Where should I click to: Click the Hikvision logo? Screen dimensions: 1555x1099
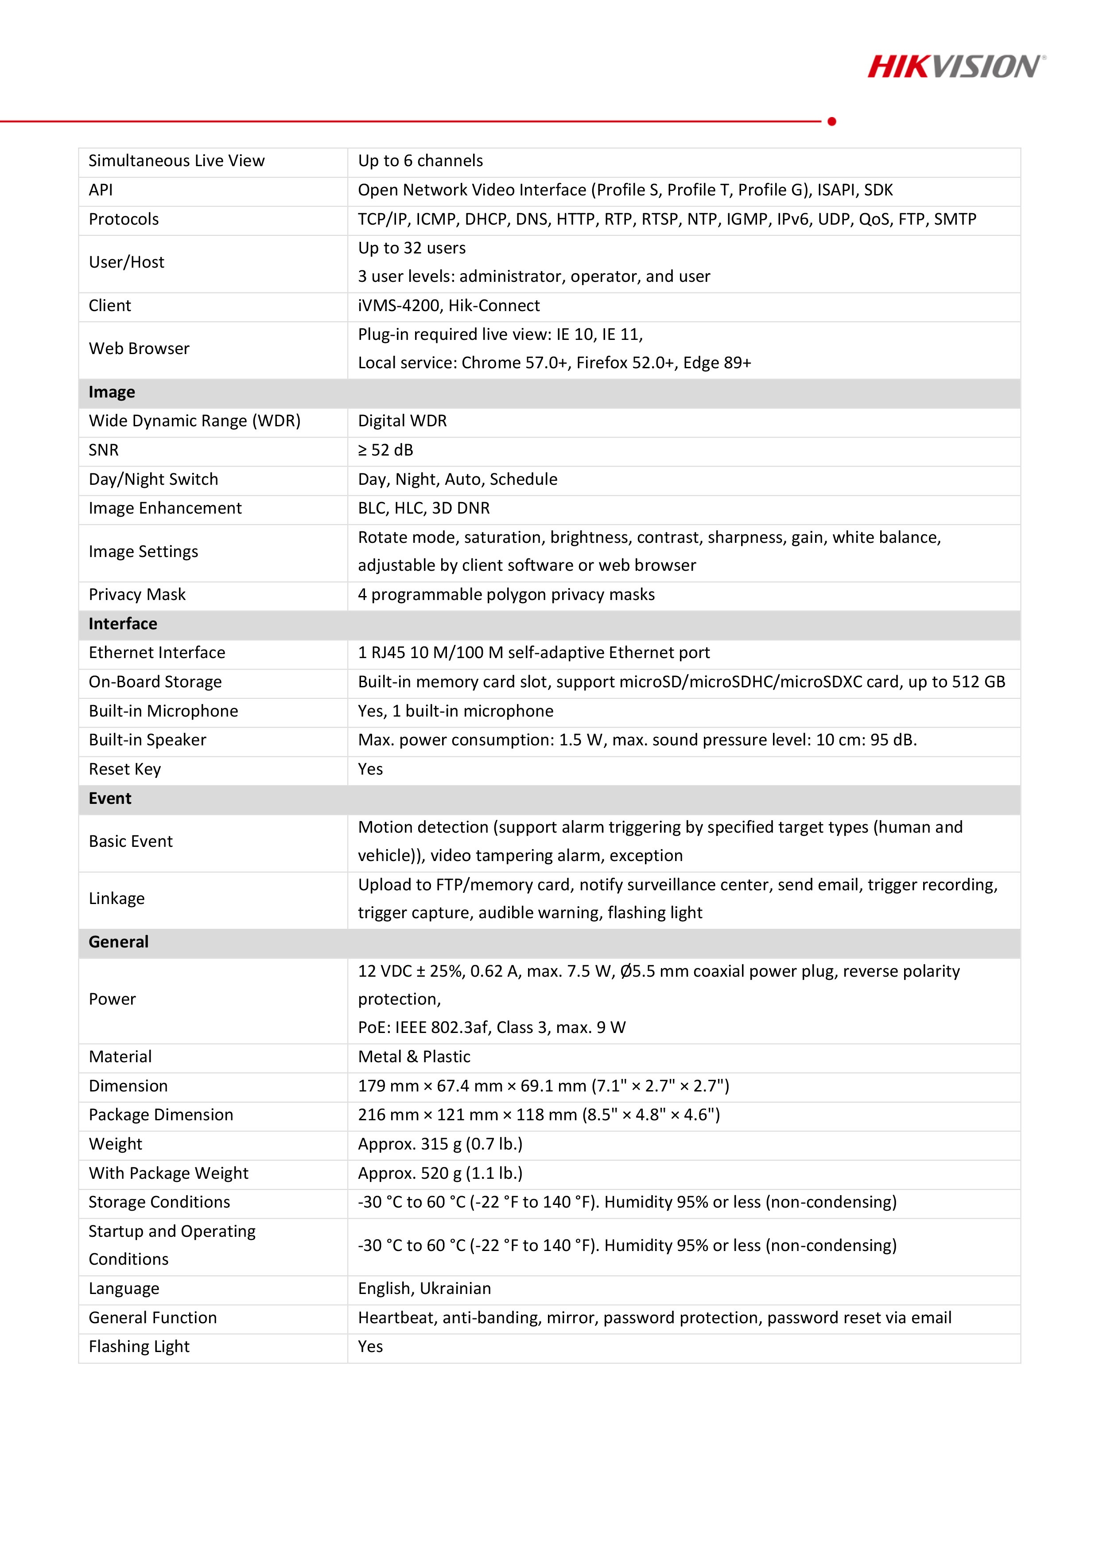coord(955,67)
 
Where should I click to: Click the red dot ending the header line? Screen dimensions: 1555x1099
coord(831,121)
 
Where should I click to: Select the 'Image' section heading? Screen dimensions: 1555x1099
coord(112,392)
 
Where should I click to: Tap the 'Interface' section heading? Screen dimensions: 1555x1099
coord(123,624)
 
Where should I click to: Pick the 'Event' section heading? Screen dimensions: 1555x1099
coord(110,799)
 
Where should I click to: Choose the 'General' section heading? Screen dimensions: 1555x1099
coord(119,942)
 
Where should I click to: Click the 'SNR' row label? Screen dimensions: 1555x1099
coord(104,450)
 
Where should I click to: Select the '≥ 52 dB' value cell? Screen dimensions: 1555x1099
coord(385,450)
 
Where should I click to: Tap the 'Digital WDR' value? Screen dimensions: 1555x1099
coord(402,421)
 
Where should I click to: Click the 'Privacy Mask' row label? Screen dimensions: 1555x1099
coord(137,595)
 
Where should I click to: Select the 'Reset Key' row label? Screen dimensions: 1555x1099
coord(124,769)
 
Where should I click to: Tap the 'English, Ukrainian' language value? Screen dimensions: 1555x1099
coord(424,1289)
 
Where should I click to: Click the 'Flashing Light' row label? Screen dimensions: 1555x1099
coord(139,1347)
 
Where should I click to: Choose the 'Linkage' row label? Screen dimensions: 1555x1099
coord(117,899)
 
